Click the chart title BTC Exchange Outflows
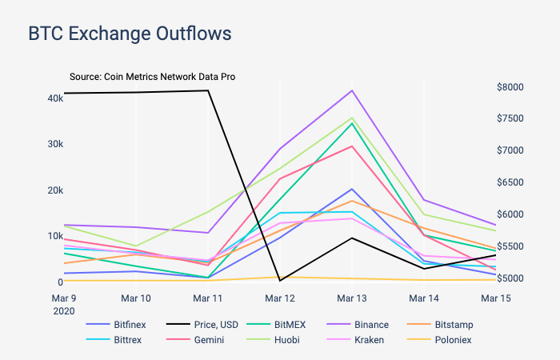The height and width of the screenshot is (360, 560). click(x=130, y=34)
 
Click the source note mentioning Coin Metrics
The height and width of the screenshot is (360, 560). click(x=151, y=77)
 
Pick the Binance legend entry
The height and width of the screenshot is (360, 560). click(x=370, y=325)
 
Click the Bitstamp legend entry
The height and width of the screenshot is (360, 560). click(x=453, y=325)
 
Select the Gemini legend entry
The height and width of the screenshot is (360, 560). click(x=208, y=340)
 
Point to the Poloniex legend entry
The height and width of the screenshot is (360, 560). click(x=453, y=340)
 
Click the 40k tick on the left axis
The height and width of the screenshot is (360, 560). click(x=55, y=98)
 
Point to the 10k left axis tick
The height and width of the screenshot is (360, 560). click(x=55, y=236)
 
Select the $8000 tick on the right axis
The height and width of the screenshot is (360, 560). click(x=510, y=86)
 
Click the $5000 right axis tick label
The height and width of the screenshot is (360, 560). click(x=510, y=278)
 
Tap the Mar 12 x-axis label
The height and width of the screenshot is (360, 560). click(x=280, y=298)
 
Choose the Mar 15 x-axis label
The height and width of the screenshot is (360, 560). click(x=495, y=298)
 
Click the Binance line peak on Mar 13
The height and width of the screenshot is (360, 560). click(x=352, y=90)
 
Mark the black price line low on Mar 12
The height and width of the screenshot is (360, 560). click(x=280, y=281)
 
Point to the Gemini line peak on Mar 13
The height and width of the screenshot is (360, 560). click(x=352, y=146)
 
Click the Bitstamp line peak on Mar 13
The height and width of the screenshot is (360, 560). click(x=352, y=201)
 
